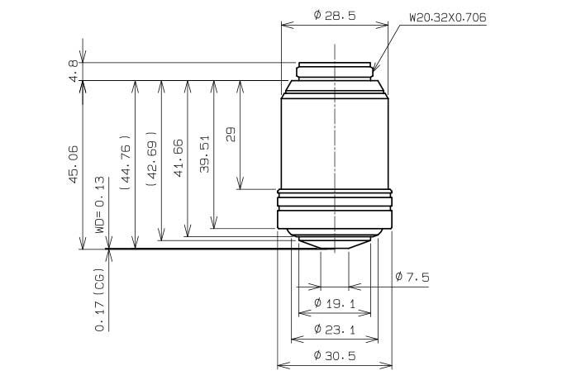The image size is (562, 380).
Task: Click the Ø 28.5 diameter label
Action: coord(335,16)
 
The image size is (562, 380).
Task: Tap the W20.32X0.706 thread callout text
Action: coord(448,17)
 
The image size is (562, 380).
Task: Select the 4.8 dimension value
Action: coord(73,71)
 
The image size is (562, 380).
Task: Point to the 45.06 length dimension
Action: coord(73,164)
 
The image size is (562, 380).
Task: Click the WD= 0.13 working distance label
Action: coord(100,205)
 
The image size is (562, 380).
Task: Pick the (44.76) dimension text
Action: coord(125,162)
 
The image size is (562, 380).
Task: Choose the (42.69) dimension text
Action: coord(151,159)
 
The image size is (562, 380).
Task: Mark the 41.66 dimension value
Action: coord(179,158)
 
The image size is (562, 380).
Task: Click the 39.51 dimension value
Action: coord(204,154)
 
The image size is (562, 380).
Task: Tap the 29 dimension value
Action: coord(231,135)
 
